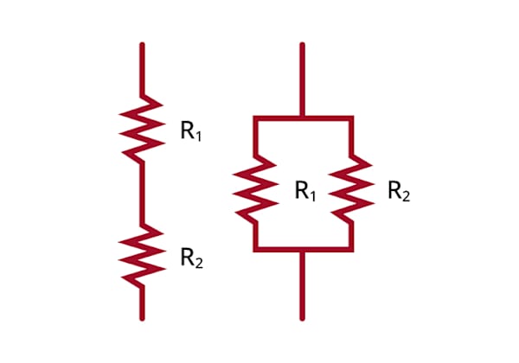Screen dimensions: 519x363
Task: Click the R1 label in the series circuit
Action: coord(191,131)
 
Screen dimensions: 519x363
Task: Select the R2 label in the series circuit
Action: coord(192,258)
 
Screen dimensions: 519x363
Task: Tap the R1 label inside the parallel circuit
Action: coord(305,191)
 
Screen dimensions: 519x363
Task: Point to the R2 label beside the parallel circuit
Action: coord(399,191)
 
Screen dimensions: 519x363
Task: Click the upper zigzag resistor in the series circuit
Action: coord(143,130)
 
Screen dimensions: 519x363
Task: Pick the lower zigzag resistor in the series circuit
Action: coord(143,256)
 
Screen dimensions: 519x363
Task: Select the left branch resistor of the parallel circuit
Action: coord(255,189)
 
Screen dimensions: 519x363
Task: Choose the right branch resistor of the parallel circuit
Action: coord(351,189)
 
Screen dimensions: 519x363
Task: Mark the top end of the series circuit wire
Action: coord(142,43)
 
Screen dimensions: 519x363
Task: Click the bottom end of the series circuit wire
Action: coord(142,320)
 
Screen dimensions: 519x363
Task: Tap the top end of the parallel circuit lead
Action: coord(302,43)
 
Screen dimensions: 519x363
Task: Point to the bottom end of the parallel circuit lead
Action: coord(302,320)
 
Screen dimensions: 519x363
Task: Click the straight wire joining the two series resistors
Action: coord(142,194)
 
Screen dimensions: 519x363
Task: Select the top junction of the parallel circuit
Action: coord(302,118)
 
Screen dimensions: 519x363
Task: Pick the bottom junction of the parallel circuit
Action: coord(302,250)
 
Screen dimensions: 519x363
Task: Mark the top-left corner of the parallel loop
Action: coord(255,118)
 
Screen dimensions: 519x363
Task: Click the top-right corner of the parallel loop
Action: coord(351,118)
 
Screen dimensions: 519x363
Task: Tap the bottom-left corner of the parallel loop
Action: coord(255,250)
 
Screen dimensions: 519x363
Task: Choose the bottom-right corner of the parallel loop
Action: coord(351,250)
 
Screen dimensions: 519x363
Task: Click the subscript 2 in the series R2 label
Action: coord(199,263)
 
